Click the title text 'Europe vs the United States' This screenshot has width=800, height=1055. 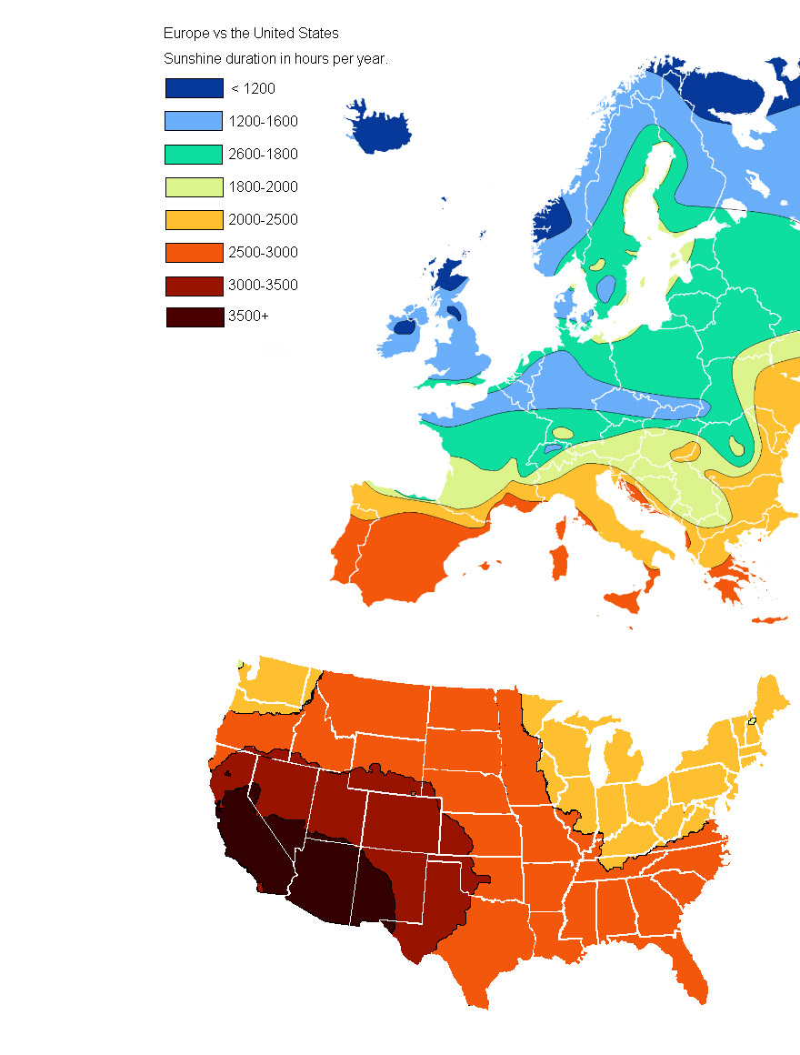pos(251,34)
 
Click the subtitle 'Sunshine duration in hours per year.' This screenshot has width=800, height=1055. pos(275,59)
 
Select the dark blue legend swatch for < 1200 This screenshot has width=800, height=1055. pos(194,88)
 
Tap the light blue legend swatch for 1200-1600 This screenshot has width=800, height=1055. pos(194,121)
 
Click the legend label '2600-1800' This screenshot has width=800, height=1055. pos(263,154)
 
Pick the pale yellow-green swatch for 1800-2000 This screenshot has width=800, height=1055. pos(194,186)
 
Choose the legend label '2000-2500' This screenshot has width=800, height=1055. pos(263,219)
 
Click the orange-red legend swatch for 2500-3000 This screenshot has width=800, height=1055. pos(194,252)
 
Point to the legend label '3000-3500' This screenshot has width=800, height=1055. pos(263,285)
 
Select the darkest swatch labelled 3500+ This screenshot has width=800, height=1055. pos(194,317)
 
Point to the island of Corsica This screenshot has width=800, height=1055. pos(561,527)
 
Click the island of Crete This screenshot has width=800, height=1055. pos(769,620)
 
